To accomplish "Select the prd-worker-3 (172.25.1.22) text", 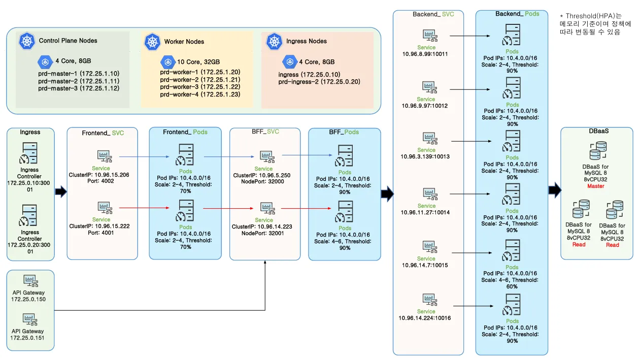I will (x=200, y=87).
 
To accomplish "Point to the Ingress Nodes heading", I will (x=307, y=41).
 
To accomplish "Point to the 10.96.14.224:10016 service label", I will (x=426, y=318).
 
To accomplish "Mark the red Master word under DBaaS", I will (x=595, y=186).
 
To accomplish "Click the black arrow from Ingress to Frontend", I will (x=60, y=191).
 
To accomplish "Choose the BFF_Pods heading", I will (x=344, y=132).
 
